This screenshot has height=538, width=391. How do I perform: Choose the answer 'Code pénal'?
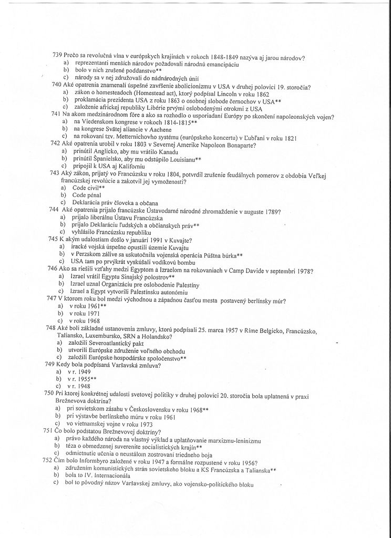click(86, 195)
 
